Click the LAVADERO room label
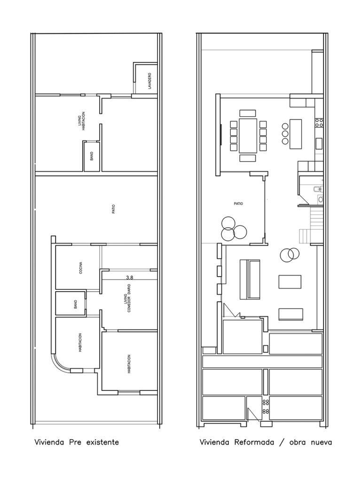[x=149, y=81]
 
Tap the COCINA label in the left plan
[x=81, y=267]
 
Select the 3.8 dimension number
[x=130, y=278]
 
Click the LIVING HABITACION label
[x=81, y=121]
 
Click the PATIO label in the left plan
[x=114, y=209]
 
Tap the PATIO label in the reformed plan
[x=238, y=204]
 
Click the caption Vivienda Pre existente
[x=77, y=442]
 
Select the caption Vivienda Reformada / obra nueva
[x=266, y=442]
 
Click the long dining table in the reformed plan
[x=248, y=136]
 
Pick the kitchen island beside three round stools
[x=296, y=134]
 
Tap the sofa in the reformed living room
[x=250, y=279]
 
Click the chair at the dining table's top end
[x=247, y=113]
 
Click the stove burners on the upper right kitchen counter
[x=319, y=123]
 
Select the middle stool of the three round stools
[x=285, y=134]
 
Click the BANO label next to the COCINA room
[x=76, y=304]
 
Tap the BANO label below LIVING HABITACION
[x=92, y=156]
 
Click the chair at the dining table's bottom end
[x=247, y=158]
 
